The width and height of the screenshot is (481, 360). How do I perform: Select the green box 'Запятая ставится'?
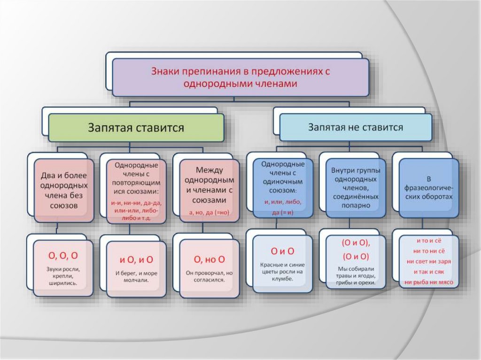click(x=135, y=128)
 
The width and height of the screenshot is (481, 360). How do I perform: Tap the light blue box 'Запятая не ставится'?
click(x=355, y=127)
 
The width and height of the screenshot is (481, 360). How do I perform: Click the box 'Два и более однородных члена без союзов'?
click(x=63, y=188)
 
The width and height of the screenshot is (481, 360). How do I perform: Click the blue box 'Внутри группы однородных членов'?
click(x=355, y=188)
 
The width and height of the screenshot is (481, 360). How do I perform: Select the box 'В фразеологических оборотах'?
click(x=428, y=188)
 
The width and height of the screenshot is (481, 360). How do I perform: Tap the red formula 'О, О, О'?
click(x=63, y=256)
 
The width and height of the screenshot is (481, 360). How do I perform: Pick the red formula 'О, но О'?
click(x=209, y=260)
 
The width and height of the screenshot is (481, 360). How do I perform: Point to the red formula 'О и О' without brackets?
click(x=283, y=251)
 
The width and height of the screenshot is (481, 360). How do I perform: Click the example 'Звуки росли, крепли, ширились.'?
click(x=63, y=276)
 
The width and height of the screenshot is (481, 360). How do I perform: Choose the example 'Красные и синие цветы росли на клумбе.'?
click(x=283, y=272)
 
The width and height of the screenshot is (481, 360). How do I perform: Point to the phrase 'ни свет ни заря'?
click(x=428, y=261)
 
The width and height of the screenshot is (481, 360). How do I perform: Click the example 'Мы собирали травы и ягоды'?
click(x=355, y=275)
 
